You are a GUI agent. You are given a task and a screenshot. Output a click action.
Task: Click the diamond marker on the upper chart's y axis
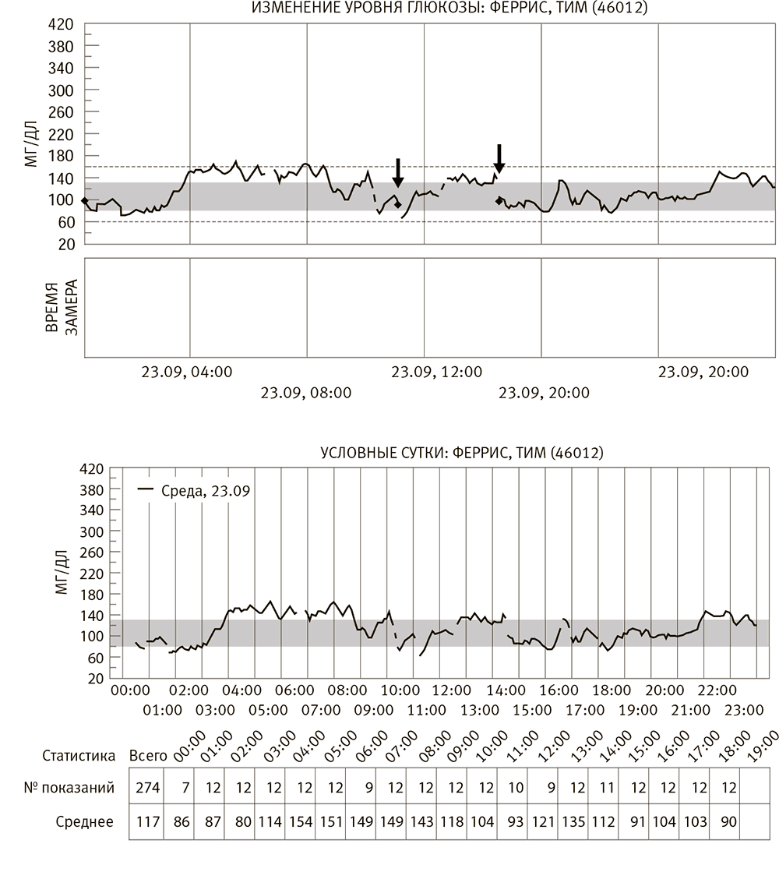85,200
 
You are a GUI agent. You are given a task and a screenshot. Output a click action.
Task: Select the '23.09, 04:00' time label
187,372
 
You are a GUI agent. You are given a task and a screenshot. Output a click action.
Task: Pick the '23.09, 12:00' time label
436,372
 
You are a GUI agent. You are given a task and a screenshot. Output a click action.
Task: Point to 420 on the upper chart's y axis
61,24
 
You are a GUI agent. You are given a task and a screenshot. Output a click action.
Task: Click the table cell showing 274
147,788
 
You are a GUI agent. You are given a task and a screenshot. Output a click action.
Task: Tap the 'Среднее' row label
84,821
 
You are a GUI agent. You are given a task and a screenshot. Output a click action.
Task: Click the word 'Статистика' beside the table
79,755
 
